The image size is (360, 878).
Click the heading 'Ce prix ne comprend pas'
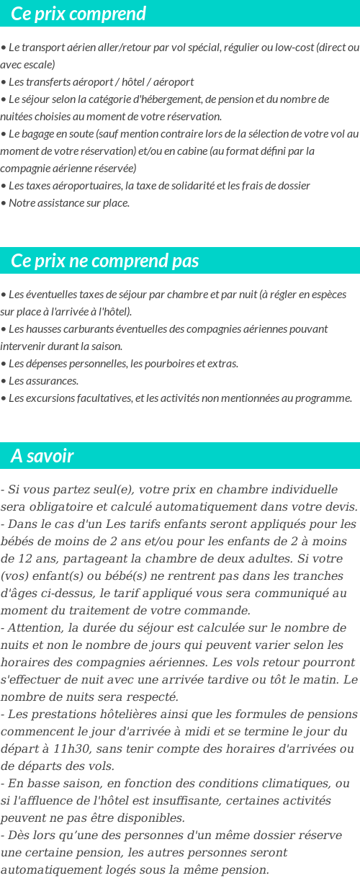pos(105,261)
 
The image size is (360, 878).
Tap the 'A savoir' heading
pos(42,456)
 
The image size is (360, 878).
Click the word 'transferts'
pos(48,82)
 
